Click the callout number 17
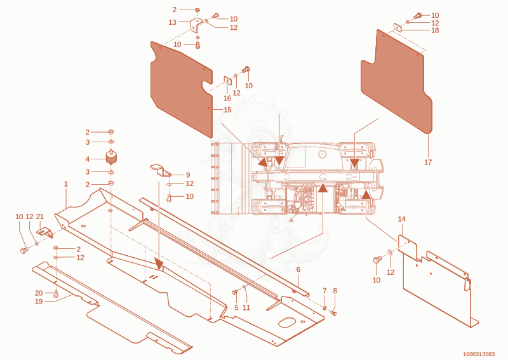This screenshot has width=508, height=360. [428, 162]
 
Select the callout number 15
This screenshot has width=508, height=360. [227, 110]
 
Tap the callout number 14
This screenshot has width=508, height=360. [401, 219]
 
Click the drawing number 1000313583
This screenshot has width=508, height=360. [479, 354]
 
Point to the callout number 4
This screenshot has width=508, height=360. [88, 159]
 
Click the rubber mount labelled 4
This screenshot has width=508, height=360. [112, 157]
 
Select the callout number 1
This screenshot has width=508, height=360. [66, 184]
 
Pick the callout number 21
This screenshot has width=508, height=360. [39, 217]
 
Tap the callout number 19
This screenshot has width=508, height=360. [39, 302]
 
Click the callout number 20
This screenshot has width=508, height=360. [39, 293]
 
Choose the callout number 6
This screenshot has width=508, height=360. [298, 269]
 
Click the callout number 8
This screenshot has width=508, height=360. [335, 291]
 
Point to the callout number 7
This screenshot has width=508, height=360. [324, 291]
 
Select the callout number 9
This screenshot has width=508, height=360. [188, 175]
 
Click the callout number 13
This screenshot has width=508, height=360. [172, 22]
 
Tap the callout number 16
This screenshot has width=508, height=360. [227, 98]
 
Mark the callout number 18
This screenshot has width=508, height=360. [435, 30]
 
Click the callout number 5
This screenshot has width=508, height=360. [236, 307]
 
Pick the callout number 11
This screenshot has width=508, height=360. [246, 307]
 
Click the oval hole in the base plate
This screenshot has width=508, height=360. [287, 323]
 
